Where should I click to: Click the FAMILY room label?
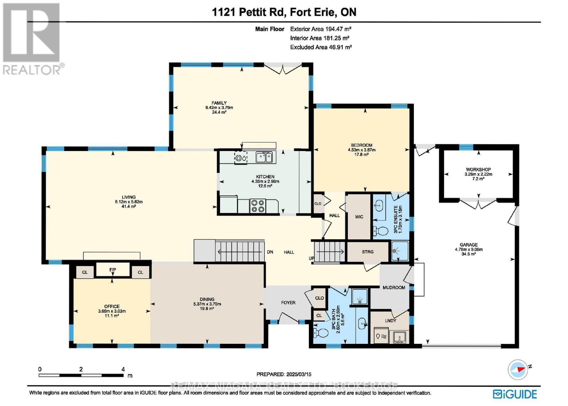(x=219, y=103)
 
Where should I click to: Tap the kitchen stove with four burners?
(x=258, y=206)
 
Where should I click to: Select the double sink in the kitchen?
(x=264, y=157)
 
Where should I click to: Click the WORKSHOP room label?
(x=478, y=170)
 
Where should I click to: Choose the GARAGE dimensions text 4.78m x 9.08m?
(x=469, y=250)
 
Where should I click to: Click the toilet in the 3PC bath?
(x=322, y=333)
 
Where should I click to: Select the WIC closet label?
(x=359, y=217)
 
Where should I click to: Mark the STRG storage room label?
(x=368, y=252)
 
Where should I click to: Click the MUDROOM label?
(x=394, y=288)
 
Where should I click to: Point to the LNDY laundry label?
(x=390, y=321)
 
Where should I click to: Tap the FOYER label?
(x=288, y=303)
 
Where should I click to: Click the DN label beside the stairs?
(x=270, y=252)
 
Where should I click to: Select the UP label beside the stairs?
(x=311, y=258)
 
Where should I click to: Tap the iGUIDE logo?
(x=515, y=394)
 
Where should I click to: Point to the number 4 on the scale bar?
(x=123, y=369)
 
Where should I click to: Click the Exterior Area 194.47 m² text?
(x=321, y=29)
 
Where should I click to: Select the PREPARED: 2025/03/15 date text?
(x=284, y=374)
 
